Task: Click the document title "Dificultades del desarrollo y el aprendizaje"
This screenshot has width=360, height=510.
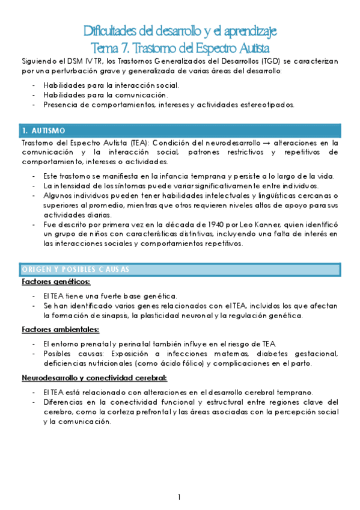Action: (x=180, y=31)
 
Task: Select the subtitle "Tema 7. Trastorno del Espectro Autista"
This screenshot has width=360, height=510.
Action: (x=180, y=47)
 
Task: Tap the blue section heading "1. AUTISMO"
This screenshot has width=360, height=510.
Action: (x=47, y=131)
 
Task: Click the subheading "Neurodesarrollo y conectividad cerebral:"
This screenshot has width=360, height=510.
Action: (x=94, y=378)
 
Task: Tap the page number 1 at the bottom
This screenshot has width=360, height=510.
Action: (x=179, y=497)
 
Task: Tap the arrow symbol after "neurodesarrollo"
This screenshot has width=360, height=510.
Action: (x=264, y=143)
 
